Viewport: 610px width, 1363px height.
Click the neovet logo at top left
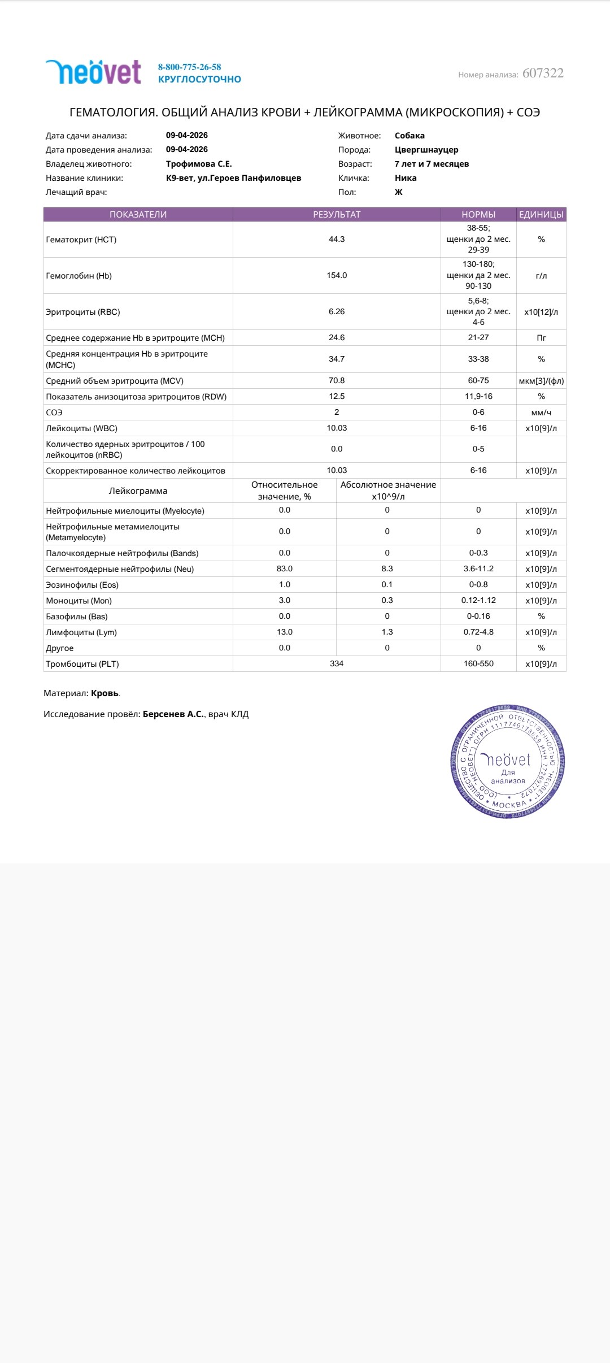(x=93, y=72)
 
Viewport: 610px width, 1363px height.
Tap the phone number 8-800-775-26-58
(x=189, y=67)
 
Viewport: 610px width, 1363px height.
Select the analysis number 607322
(x=543, y=73)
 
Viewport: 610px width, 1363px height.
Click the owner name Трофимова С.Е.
(x=199, y=164)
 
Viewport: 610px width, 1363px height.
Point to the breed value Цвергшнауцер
(x=426, y=150)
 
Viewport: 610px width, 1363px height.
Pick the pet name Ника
(x=406, y=178)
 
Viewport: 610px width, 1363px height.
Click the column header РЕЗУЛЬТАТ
(x=337, y=215)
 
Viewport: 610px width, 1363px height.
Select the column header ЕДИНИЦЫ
(x=541, y=215)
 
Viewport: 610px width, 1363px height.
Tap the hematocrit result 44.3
(x=337, y=240)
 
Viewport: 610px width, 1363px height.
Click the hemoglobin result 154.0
(x=337, y=276)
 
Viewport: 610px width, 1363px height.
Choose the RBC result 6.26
(x=337, y=312)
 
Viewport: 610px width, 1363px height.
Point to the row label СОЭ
(x=54, y=413)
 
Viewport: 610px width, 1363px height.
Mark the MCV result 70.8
(x=337, y=381)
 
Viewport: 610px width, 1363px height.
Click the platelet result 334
(x=337, y=664)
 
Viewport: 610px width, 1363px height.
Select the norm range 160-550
(x=478, y=664)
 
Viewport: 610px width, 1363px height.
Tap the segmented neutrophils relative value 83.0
(x=285, y=569)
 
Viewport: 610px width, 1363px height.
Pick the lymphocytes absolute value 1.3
(x=387, y=632)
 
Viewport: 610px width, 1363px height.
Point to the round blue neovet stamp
(x=507, y=762)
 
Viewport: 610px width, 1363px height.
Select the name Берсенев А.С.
(x=173, y=714)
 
